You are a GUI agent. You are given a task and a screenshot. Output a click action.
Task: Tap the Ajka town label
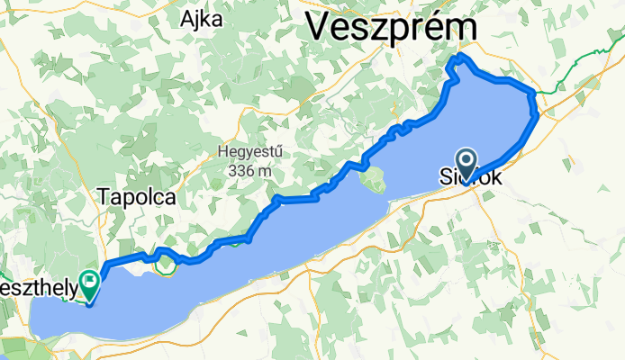pos(202,19)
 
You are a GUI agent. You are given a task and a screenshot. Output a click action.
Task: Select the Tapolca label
pos(134,197)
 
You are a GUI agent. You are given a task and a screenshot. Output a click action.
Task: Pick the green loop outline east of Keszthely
pos(166,264)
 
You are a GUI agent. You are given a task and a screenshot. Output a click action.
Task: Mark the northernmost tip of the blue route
pos(462,56)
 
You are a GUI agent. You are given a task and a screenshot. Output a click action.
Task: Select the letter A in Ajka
pos(187,19)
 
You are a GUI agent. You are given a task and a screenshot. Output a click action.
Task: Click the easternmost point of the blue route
pos(539,113)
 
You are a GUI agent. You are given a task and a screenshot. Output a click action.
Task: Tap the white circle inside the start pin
pos(467,158)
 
